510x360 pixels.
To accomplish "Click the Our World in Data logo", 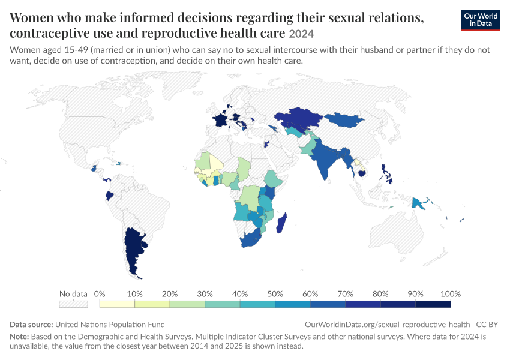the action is pyautogui.click(x=481, y=20).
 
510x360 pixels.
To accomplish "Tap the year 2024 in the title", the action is pyautogui.click(x=301, y=34).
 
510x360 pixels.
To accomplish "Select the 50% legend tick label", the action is pyautogui.click(x=275, y=294).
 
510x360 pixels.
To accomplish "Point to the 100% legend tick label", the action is pyautogui.click(x=451, y=294).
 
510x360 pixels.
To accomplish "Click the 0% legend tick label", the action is pyautogui.click(x=100, y=294).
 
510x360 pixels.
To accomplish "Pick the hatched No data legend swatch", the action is pyautogui.click(x=73, y=304).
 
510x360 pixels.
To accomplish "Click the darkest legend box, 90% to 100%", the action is pyautogui.click(x=433, y=304).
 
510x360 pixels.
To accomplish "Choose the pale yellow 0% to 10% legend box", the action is pyautogui.click(x=117, y=304).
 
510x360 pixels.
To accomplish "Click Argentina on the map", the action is pyautogui.click(x=133, y=250).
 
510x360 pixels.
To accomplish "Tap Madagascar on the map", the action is pyautogui.click(x=281, y=223).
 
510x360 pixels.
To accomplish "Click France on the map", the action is pyautogui.click(x=220, y=119).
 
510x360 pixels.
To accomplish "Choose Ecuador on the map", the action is pyautogui.click(x=110, y=196).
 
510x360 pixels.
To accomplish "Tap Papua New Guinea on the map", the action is pyautogui.click(x=418, y=203).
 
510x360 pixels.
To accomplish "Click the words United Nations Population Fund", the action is pyautogui.click(x=110, y=325).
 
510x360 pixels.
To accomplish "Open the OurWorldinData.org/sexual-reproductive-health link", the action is pyautogui.click(x=387, y=325).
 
